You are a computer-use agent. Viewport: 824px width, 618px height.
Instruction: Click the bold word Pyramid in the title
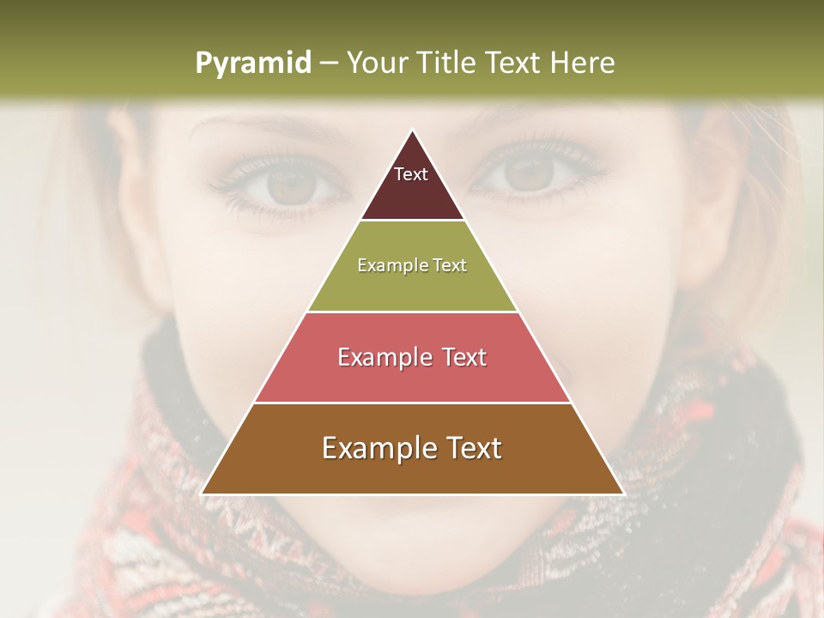pyautogui.click(x=252, y=63)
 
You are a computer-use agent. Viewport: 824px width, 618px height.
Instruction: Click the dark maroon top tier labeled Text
pyautogui.click(x=411, y=184)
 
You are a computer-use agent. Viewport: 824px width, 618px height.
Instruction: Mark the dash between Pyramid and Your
pyautogui.click(x=329, y=64)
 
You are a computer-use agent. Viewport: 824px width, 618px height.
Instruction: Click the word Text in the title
pyautogui.click(x=514, y=63)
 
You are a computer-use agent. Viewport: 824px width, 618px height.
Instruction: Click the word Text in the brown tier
pyautogui.click(x=471, y=448)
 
